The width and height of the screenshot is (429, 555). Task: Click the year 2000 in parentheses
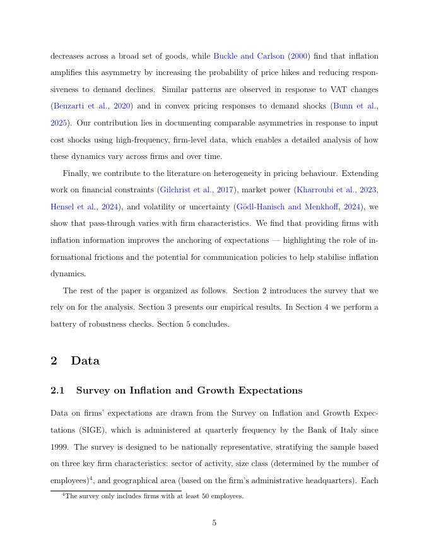(x=299, y=56)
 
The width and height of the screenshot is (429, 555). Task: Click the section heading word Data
(x=85, y=361)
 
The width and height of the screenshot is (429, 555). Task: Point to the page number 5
(x=214, y=522)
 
